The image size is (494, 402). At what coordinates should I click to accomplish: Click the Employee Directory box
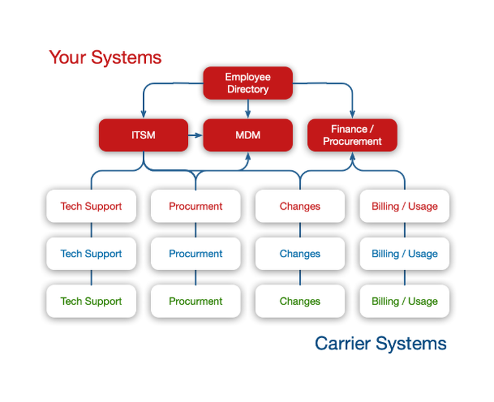pos(248,83)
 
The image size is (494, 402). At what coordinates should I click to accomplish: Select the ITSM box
pos(143,135)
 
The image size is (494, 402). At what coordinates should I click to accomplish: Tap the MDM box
pos(248,135)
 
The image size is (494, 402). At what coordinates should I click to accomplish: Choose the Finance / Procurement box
pos(352,135)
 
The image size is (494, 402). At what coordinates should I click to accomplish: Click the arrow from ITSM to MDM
pos(196,135)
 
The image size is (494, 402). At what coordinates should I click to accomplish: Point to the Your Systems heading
pos(105,57)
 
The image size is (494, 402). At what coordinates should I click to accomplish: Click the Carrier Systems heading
pos(380,343)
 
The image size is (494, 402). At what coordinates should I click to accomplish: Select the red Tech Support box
pos(91,206)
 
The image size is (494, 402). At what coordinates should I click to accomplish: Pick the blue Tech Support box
pos(91,253)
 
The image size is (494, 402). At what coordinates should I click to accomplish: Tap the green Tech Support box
pos(91,301)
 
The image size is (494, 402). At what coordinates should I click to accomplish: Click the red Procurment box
pos(196,206)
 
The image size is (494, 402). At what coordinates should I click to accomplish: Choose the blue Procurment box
pos(196,253)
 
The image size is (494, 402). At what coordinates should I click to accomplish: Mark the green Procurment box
pos(196,301)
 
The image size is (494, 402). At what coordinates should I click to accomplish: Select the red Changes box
pos(300,206)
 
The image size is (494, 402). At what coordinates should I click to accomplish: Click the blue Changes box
pos(300,253)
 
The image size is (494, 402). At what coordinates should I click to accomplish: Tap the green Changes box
pos(300,301)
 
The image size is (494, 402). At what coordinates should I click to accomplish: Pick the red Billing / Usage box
pos(405,206)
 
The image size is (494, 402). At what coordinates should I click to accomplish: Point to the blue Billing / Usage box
pos(405,253)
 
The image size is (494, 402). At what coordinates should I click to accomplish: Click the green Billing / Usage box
pos(405,301)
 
